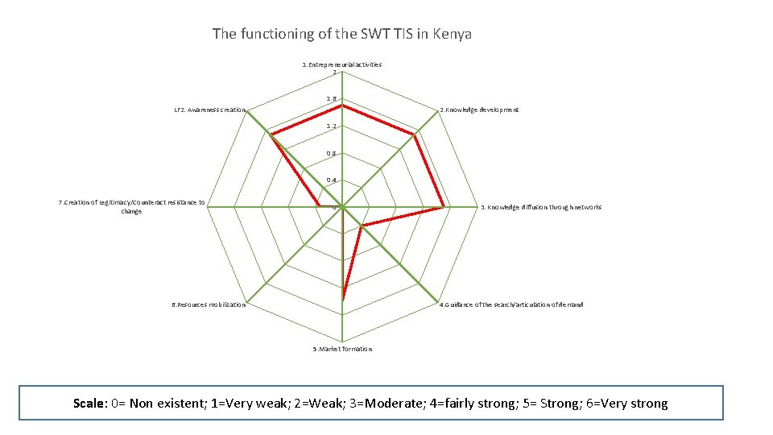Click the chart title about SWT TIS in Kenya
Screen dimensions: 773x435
pyautogui.click(x=342, y=34)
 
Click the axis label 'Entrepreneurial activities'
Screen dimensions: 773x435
pyautogui.click(x=342, y=64)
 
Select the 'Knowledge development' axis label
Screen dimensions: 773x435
pyautogui.click(x=479, y=109)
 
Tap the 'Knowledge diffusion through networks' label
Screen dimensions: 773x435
pyautogui.click(x=541, y=208)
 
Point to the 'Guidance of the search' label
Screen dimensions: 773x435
pyautogui.click(x=511, y=305)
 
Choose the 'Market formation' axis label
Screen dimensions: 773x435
pyautogui.click(x=342, y=349)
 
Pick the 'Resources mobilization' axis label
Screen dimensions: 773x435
pyautogui.click(x=209, y=305)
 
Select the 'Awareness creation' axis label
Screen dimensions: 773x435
pyautogui.click(x=210, y=110)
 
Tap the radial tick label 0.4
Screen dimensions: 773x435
pyautogui.click(x=331, y=180)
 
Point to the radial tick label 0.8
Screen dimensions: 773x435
pyautogui.click(x=331, y=153)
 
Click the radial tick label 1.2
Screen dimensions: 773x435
pyautogui.click(x=331, y=126)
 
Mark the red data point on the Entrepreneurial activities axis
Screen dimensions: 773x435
pyautogui.click(x=342, y=106)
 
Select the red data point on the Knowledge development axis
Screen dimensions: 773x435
pyautogui.click(x=415, y=135)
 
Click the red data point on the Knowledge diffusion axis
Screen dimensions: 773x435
pyautogui.click(x=443, y=207)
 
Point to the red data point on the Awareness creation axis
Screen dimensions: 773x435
pyautogui.click(x=271, y=135)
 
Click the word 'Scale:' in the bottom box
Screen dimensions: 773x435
pyautogui.click(x=95, y=404)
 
